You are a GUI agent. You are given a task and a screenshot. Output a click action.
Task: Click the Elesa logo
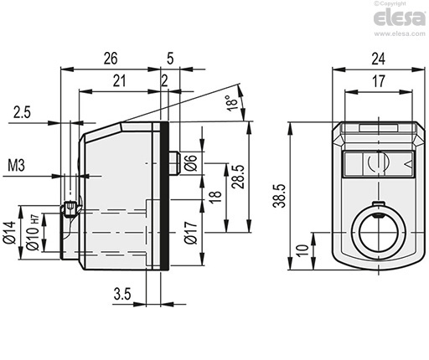click(x=399, y=18)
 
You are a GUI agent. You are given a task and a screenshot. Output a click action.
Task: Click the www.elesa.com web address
click(x=400, y=33)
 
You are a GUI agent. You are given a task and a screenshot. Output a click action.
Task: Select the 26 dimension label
click(x=111, y=59)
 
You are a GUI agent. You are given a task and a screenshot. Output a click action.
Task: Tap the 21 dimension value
click(x=119, y=81)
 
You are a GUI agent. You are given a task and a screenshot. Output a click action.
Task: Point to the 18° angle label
click(x=232, y=103)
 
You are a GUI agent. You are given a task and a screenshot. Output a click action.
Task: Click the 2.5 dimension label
click(x=22, y=112)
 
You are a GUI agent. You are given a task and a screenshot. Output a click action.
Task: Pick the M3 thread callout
click(x=16, y=165)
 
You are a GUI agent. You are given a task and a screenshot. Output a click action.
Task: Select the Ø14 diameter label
click(x=10, y=233)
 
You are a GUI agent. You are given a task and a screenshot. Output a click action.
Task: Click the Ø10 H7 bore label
click(x=33, y=232)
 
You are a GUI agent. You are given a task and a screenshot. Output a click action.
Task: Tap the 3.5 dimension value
click(x=122, y=294)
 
